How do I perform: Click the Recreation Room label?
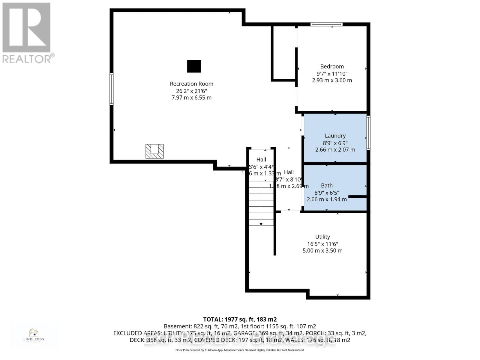(x=191, y=84)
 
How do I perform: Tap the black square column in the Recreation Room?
(x=194, y=66)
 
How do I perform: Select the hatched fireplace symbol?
(x=154, y=151)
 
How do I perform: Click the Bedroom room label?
(x=332, y=67)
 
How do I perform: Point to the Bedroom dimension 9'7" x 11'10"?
(x=332, y=73)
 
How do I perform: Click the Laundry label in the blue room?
(x=335, y=136)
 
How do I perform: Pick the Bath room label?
(x=327, y=186)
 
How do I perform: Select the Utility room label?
(x=322, y=237)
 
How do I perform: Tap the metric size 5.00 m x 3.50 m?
(x=322, y=250)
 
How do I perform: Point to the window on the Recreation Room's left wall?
(x=111, y=89)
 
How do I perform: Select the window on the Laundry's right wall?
(x=368, y=133)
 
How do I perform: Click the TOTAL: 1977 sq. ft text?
(x=240, y=319)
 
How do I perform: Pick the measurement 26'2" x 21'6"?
(x=191, y=91)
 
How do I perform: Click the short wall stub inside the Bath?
(x=357, y=197)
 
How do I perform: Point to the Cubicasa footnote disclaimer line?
(x=240, y=350)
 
